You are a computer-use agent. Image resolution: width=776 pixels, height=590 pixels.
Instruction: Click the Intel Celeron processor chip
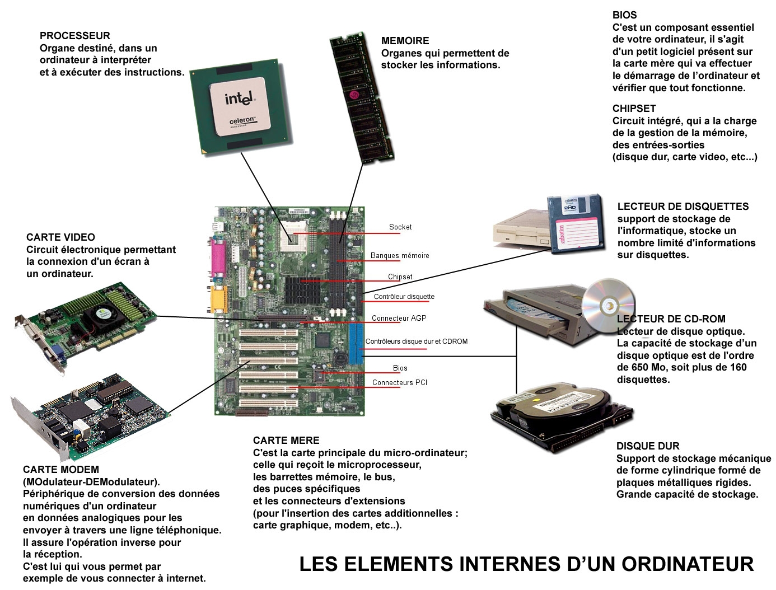tap(241, 107)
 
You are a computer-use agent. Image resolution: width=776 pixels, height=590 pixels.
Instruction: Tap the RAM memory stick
tap(362, 97)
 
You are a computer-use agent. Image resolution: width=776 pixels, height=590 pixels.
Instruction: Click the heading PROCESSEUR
tap(74, 36)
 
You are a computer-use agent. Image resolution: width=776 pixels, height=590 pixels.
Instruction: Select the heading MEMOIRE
tap(405, 41)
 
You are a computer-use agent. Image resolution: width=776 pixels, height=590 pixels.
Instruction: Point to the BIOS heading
tap(624, 15)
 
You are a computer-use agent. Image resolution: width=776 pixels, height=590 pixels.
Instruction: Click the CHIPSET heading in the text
tap(634, 109)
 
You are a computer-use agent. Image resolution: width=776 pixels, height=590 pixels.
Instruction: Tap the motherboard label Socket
tap(400, 227)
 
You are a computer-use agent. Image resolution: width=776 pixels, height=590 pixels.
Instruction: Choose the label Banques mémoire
tap(400, 255)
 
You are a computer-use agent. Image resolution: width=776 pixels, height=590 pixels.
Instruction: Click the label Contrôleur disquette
tap(404, 297)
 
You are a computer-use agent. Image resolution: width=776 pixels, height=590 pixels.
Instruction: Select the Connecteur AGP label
tap(399, 318)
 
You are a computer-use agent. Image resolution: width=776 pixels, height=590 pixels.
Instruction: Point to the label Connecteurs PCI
tap(400, 382)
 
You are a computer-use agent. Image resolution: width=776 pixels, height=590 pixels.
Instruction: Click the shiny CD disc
tap(607, 305)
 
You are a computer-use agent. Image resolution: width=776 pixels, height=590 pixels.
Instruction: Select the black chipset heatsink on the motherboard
tap(302, 291)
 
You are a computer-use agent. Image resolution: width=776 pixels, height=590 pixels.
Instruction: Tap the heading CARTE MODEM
tap(61, 470)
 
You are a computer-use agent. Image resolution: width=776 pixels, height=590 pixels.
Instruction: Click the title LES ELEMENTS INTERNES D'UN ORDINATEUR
tap(526, 564)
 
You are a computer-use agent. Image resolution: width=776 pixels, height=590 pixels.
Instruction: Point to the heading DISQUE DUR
tap(648, 446)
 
